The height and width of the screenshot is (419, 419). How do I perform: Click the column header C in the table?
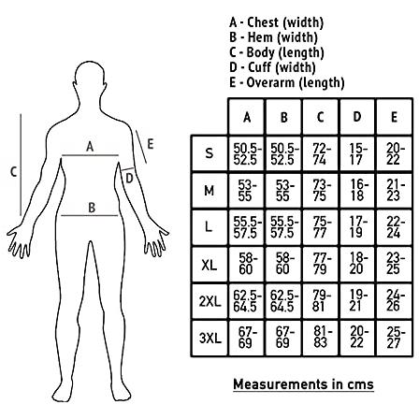pyautogui.click(x=320, y=117)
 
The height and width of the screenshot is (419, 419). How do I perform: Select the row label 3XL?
pyautogui.click(x=210, y=339)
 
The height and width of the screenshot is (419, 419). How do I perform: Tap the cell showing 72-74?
pyautogui.click(x=320, y=154)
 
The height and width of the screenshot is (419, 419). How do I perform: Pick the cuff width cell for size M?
pyautogui.click(x=357, y=190)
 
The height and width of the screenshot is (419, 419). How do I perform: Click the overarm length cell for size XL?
pyautogui.click(x=394, y=264)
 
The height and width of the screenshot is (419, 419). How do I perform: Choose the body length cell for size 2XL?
pyautogui.click(x=320, y=301)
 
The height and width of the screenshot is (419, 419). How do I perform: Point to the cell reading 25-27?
pyautogui.click(x=394, y=338)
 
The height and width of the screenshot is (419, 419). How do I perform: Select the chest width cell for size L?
pyautogui.click(x=247, y=227)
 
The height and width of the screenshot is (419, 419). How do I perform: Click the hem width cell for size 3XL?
pyautogui.click(x=283, y=338)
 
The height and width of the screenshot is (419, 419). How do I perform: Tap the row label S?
pyautogui.click(x=209, y=153)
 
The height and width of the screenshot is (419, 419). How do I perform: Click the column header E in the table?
pyautogui.click(x=394, y=117)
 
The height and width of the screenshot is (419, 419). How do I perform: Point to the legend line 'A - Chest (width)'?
pyautogui.click(x=276, y=22)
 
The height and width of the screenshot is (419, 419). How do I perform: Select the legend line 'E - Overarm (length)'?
pyautogui.click(x=287, y=82)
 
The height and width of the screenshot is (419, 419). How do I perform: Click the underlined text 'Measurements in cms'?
pyautogui.click(x=303, y=384)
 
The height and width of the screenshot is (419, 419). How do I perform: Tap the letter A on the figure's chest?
pyautogui.click(x=90, y=146)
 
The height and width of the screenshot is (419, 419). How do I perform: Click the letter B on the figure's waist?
pyautogui.click(x=92, y=208)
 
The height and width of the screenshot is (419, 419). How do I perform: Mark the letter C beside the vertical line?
pyautogui.click(x=13, y=172)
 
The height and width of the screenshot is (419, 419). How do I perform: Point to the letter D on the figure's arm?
pyautogui.click(x=129, y=179)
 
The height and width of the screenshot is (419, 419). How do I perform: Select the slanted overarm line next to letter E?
pyautogui.click(x=141, y=147)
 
